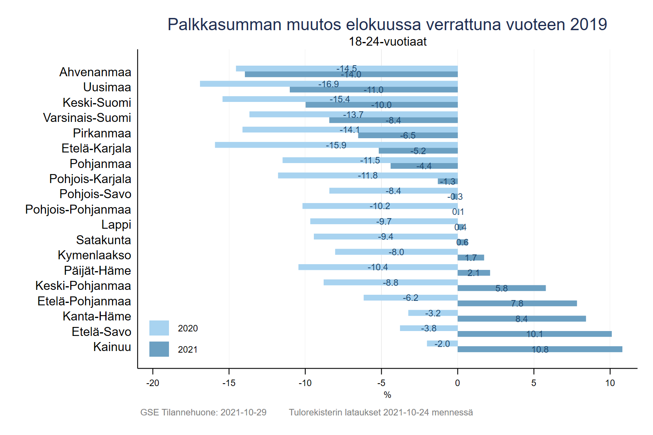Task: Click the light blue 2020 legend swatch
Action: point(159,328)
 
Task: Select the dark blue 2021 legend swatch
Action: point(159,349)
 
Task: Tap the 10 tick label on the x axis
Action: point(610,383)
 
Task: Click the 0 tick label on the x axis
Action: point(458,383)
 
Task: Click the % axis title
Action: point(387,395)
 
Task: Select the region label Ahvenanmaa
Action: point(96,72)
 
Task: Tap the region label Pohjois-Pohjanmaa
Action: point(78,210)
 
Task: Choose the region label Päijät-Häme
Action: point(98,271)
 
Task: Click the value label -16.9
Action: point(329,84)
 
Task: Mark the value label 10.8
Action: point(540,349)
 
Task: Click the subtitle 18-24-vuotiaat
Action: point(387,42)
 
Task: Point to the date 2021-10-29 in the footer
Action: point(243,412)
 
